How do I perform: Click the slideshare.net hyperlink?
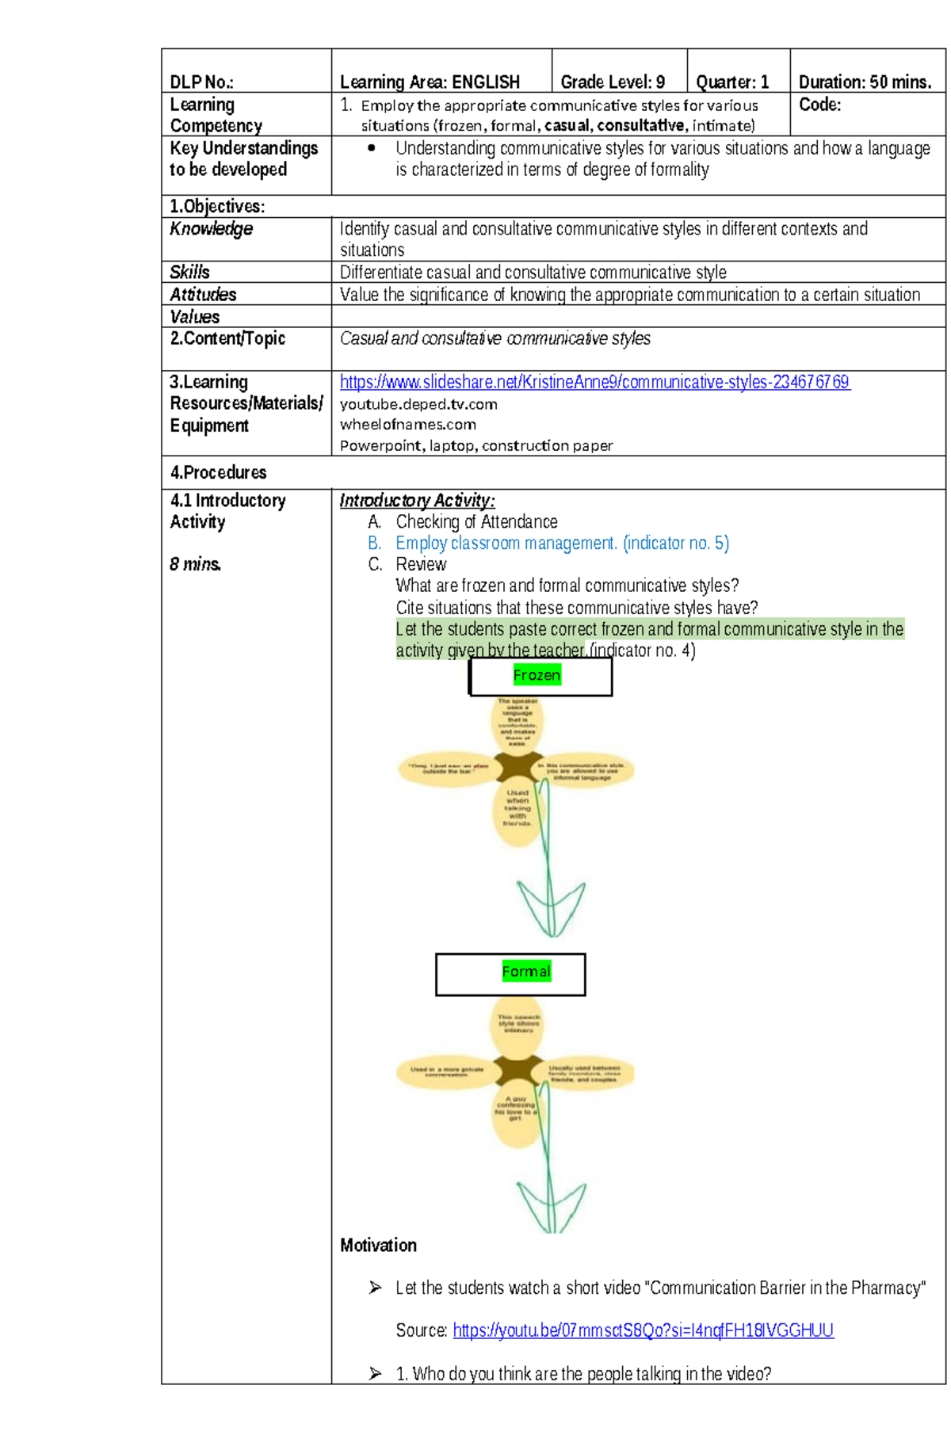[x=594, y=382]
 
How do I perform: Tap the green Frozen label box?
[x=537, y=675]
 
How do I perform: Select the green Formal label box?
[x=525, y=971]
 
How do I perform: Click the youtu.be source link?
[x=643, y=1330]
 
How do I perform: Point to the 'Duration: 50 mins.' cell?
[x=865, y=82]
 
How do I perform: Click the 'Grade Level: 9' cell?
[x=613, y=82]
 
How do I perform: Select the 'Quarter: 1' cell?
[x=732, y=82]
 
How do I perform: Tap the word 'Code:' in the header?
[x=819, y=105]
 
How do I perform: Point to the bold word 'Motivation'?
[x=378, y=1245]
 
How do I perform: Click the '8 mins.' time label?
[x=195, y=564]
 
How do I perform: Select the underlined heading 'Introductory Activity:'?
[x=417, y=500]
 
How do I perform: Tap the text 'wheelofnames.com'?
[x=407, y=425]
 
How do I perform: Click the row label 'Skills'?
[x=189, y=272]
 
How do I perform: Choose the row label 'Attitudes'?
[x=203, y=294]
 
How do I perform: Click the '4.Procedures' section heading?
[x=218, y=472]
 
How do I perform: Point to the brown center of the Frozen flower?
[x=518, y=767]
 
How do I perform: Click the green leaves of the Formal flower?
[x=551, y=1204]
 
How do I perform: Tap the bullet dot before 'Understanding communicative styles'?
[x=371, y=148]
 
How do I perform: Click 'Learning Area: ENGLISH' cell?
[x=430, y=82]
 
